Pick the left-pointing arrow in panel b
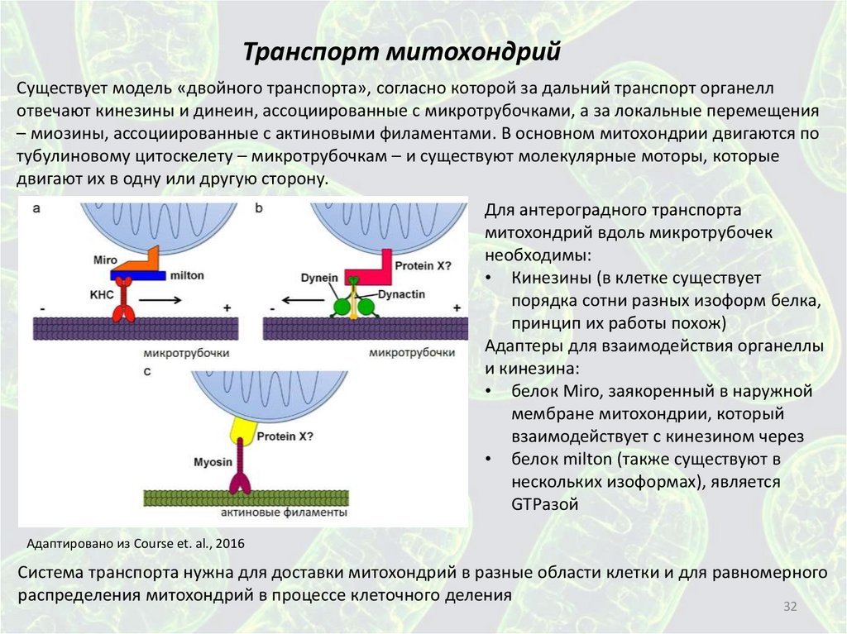tap(298, 301)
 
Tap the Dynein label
tap(318, 278)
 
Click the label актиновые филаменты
tap(284, 513)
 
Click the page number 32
tap(789, 608)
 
